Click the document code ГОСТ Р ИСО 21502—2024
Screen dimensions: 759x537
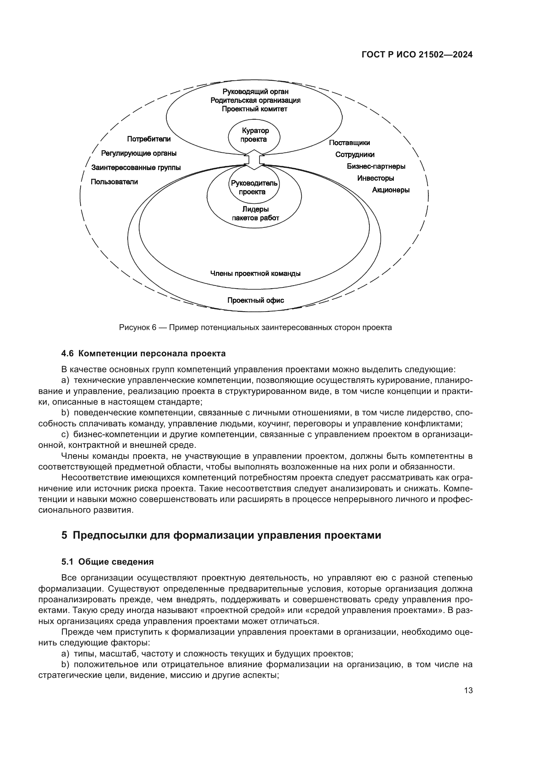click(417, 55)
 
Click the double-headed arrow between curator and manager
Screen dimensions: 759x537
click(254, 160)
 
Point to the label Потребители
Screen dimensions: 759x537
click(149, 139)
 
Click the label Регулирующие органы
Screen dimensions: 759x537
click(139, 153)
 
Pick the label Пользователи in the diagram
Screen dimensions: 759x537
click(114, 182)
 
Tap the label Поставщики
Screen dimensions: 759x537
click(349, 143)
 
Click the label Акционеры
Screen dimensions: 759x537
click(391, 190)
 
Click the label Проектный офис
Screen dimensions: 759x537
click(255, 300)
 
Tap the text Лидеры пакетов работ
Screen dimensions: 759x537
click(255, 214)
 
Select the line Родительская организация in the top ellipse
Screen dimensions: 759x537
click(255, 100)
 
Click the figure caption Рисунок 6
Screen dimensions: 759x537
click(255, 328)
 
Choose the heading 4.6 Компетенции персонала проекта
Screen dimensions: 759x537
click(143, 353)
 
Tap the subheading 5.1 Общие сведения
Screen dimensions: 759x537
click(107, 562)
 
